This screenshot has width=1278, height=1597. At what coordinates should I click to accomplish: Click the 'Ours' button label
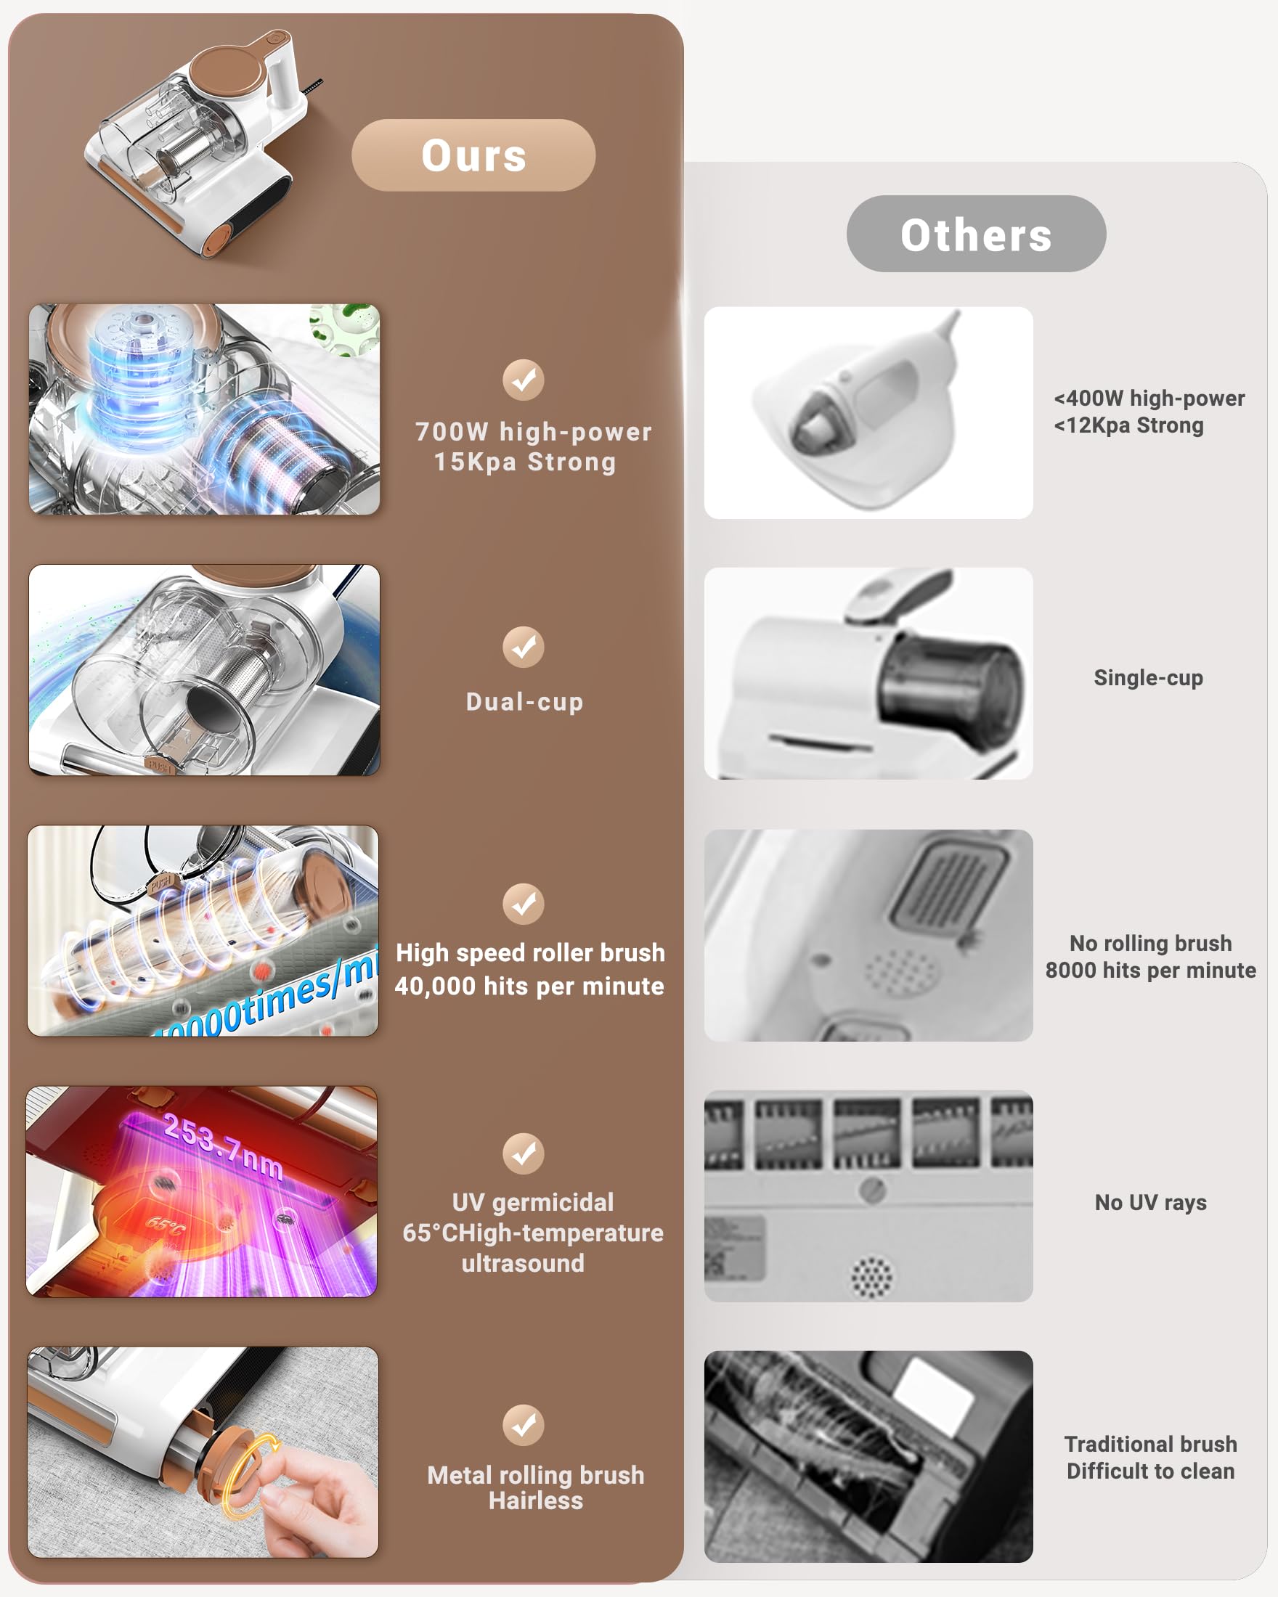click(x=474, y=155)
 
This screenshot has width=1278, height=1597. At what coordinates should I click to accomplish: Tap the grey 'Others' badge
click(x=976, y=234)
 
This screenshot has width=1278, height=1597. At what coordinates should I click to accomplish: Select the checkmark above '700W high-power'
click(x=524, y=380)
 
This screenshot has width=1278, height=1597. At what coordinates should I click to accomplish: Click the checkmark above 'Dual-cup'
click(x=524, y=648)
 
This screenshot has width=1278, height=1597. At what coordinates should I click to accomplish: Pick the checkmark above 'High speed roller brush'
click(x=524, y=904)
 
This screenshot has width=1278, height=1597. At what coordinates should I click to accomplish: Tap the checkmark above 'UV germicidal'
click(x=524, y=1153)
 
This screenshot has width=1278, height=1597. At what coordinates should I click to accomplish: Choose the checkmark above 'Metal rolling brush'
click(x=524, y=1425)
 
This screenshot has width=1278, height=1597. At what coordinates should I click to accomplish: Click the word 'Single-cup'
click(x=1148, y=678)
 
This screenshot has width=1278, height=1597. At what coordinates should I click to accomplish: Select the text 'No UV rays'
click(x=1151, y=1202)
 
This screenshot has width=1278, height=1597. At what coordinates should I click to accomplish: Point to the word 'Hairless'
click(x=536, y=1500)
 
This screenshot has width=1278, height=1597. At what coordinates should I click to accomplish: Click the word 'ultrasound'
click(x=523, y=1263)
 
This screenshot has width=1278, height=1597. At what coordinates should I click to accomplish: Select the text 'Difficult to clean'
click(x=1151, y=1471)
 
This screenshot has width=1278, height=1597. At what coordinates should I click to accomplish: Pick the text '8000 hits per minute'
click(x=1151, y=971)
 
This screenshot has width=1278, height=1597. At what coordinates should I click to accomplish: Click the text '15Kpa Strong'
click(x=524, y=462)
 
